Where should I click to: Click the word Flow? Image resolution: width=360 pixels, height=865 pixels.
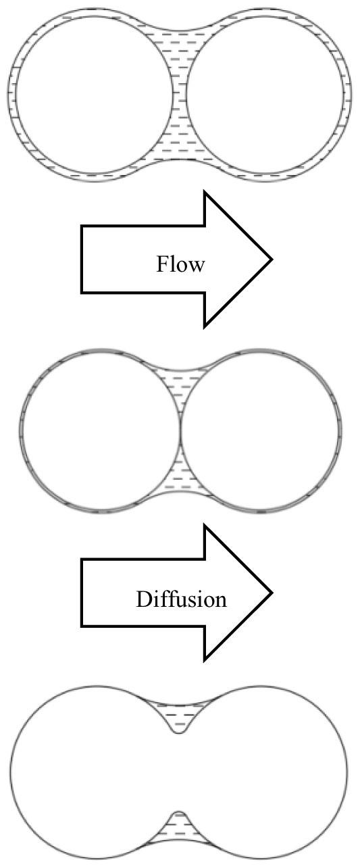point(180,264)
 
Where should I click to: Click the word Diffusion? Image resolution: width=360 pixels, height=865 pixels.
point(181,599)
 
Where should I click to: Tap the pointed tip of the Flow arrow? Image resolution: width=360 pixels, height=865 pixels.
point(272,259)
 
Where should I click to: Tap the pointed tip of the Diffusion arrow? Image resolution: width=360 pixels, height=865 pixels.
point(272,593)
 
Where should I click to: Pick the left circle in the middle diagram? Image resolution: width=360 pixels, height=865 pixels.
point(23,429)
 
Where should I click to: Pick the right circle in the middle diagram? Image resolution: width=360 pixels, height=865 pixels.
point(338,429)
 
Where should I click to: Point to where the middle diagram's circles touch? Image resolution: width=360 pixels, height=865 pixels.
point(180,429)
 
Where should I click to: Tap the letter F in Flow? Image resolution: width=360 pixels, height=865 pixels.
point(161,264)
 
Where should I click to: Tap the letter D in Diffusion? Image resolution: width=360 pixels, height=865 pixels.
point(143,599)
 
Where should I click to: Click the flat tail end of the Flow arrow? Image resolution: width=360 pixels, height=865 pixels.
point(82,259)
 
